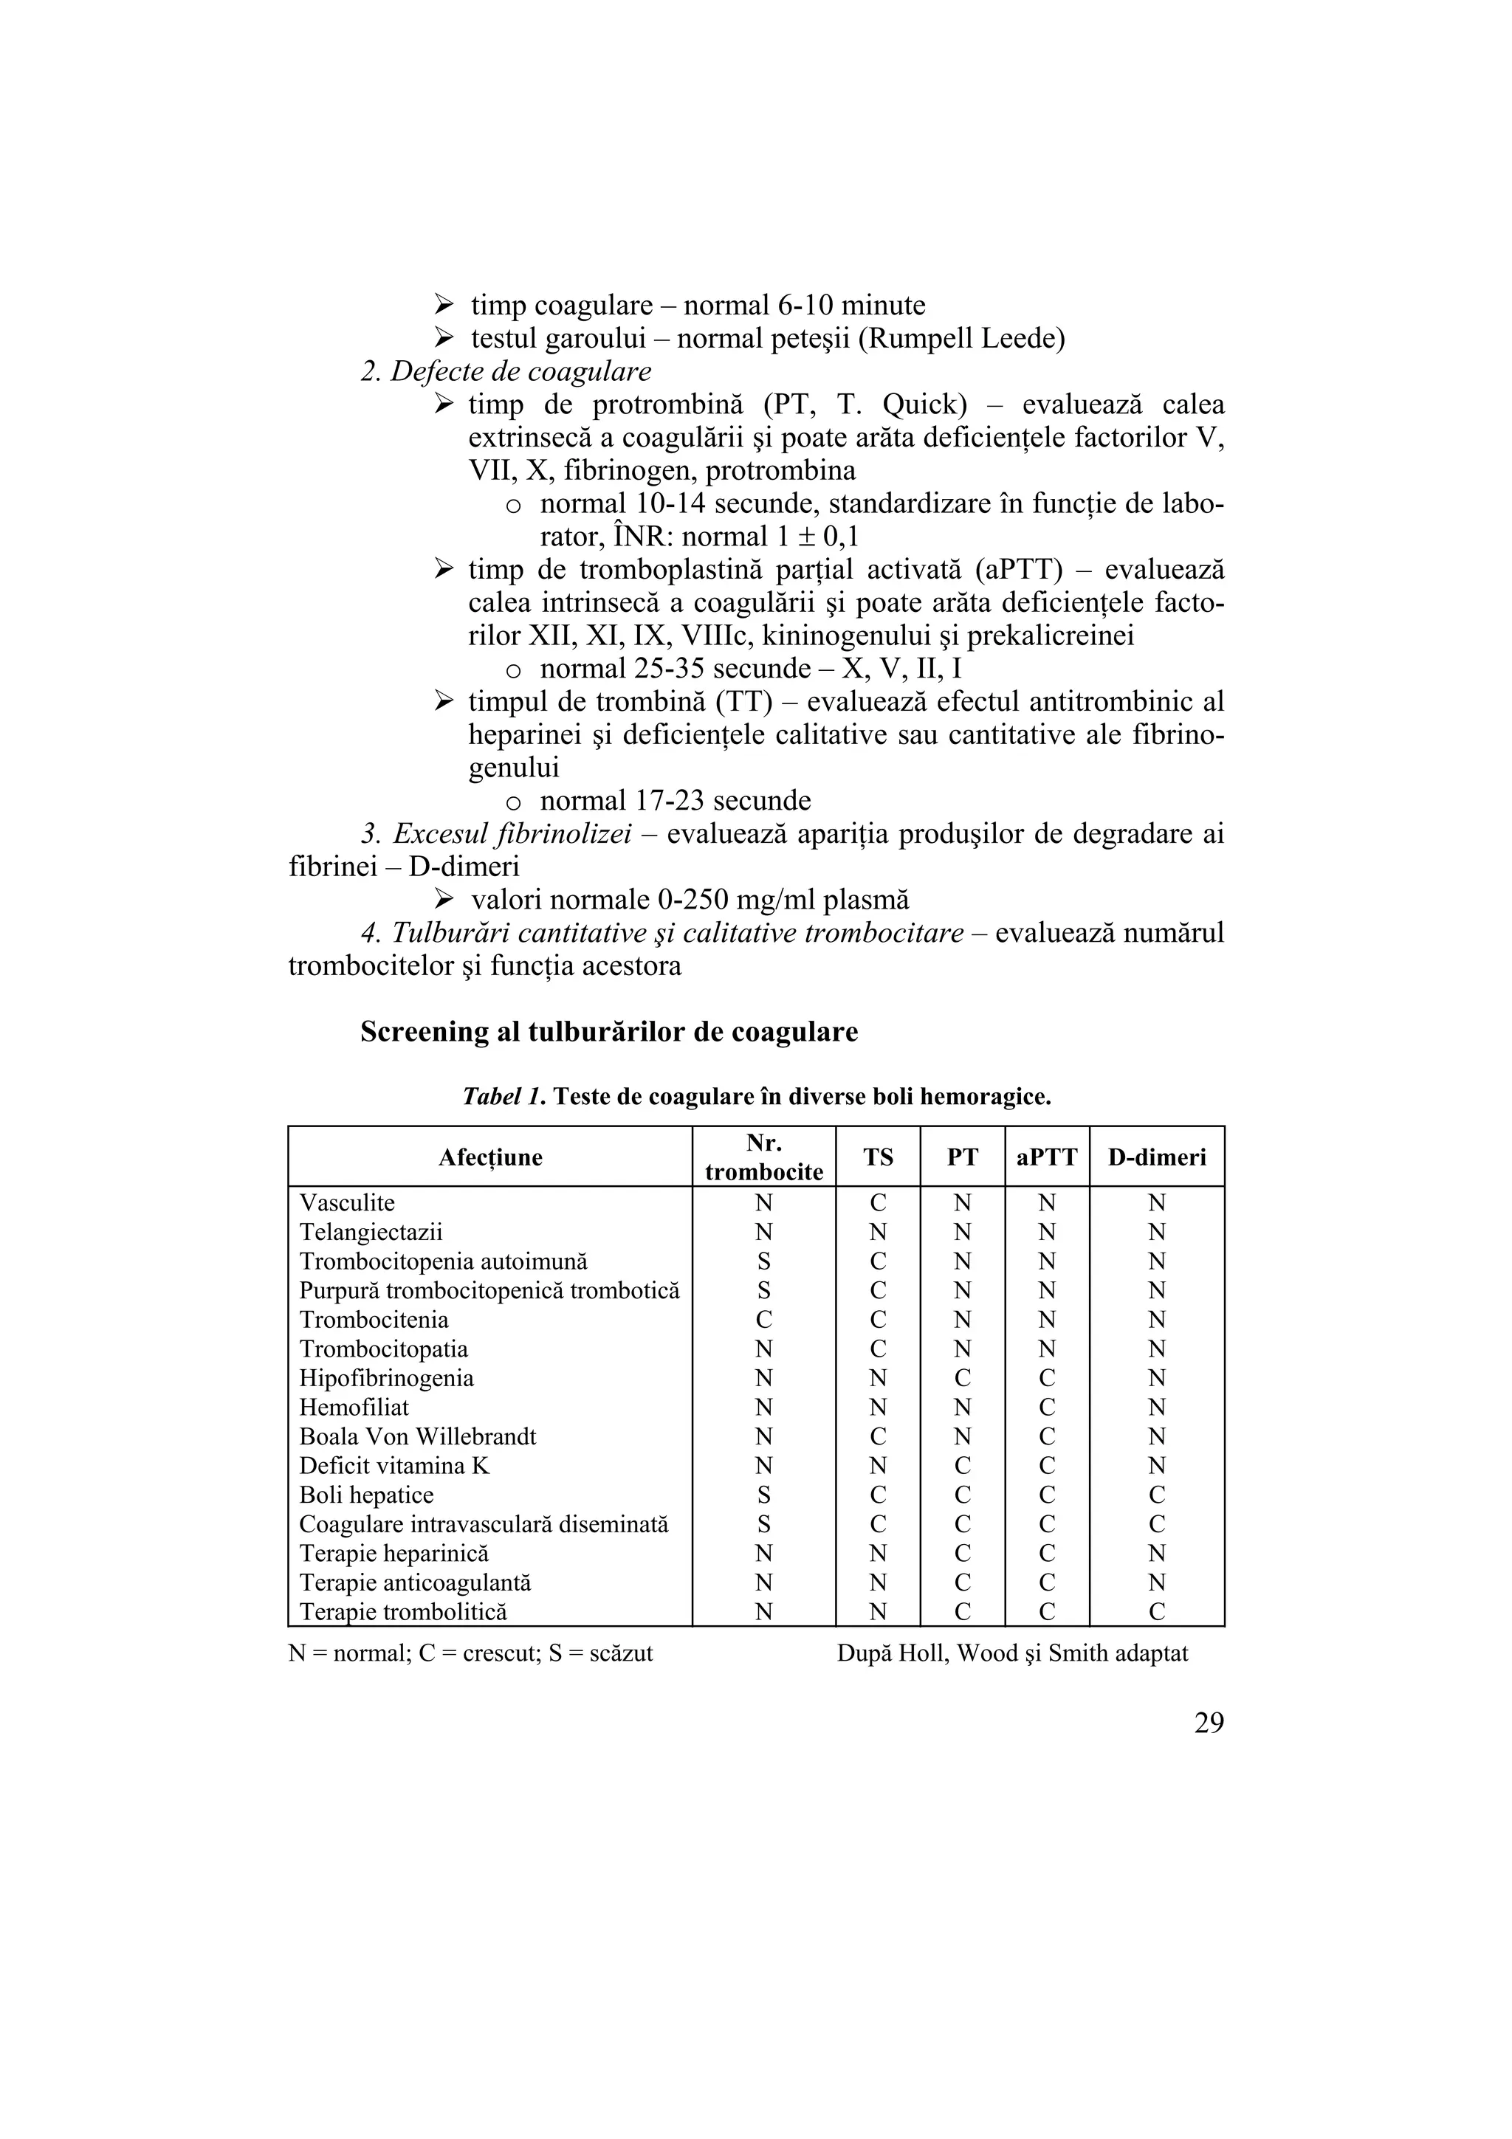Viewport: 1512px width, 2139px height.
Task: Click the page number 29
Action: pyautogui.click(x=1209, y=1723)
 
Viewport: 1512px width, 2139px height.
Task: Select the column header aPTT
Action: pyautogui.click(x=1046, y=1157)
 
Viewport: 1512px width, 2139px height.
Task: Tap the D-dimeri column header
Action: pyautogui.click(x=1156, y=1157)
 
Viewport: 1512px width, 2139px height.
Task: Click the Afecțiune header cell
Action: pyautogui.click(x=490, y=1157)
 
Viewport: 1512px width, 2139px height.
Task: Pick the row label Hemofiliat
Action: pyautogui.click(x=354, y=1407)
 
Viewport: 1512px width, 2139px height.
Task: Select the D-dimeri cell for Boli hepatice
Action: pyautogui.click(x=1156, y=1495)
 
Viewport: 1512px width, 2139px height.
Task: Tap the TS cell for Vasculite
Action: pyautogui.click(x=878, y=1202)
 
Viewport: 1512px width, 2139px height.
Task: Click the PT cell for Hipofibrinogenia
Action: pyautogui.click(x=963, y=1378)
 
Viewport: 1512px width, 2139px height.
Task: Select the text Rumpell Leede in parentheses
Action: pyautogui.click(x=961, y=338)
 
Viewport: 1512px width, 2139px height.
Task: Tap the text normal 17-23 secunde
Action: pyautogui.click(x=675, y=801)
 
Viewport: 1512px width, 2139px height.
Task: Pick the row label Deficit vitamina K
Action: pyautogui.click(x=394, y=1465)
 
